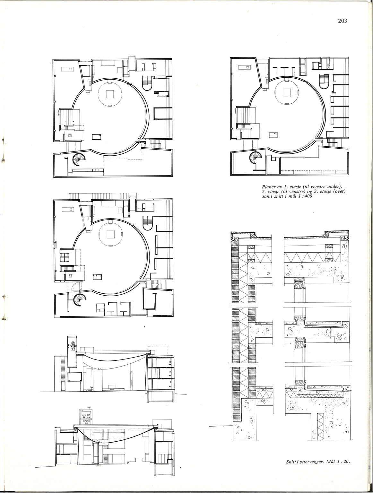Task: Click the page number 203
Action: tap(343, 21)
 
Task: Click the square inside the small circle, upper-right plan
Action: tap(287, 92)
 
